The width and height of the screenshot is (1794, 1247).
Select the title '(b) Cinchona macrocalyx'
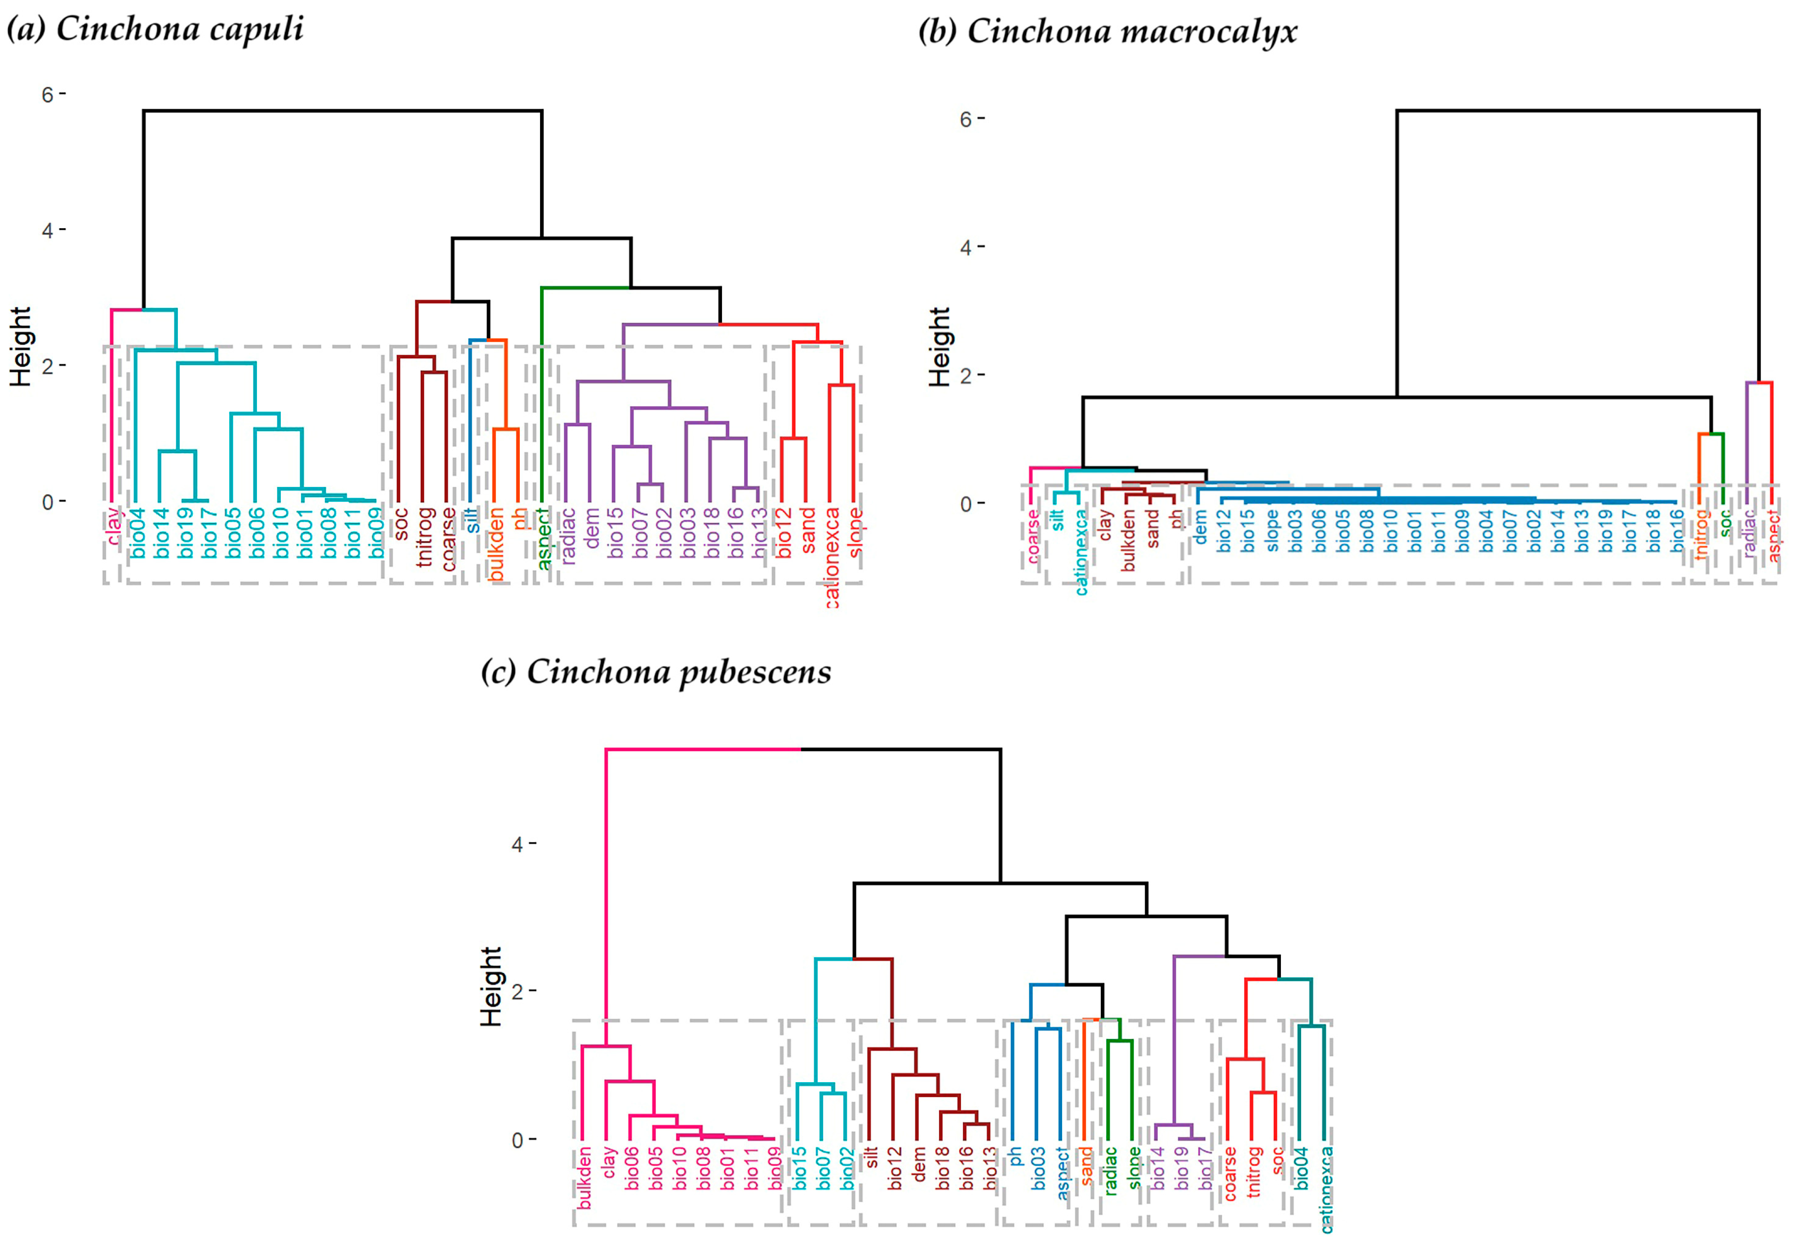click(1107, 32)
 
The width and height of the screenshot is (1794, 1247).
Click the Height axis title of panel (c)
click(491, 986)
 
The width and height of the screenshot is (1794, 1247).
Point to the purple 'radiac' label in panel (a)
click(568, 535)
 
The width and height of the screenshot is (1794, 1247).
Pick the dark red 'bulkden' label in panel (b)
click(1128, 541)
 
